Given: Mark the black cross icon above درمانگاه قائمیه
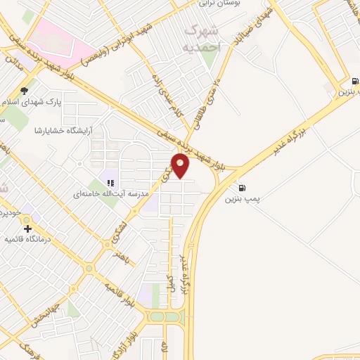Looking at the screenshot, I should (27, 229).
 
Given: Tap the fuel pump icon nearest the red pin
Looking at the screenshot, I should (243, 188).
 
